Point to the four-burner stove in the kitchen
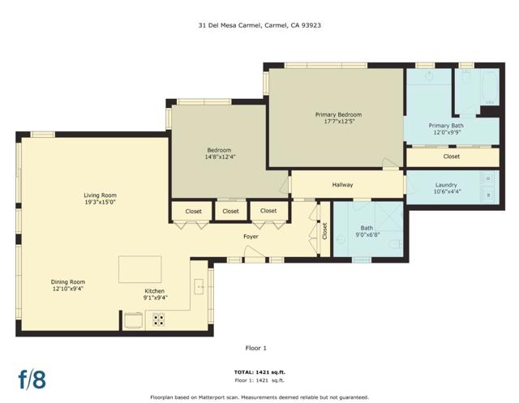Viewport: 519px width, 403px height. [158, 319]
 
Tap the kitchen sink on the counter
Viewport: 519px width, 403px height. [198, 287]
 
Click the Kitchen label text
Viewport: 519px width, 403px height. [154, 291]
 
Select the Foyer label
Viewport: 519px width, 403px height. [251, 237]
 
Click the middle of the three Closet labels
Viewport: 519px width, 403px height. [230, 212]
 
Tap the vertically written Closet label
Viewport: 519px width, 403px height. [324, 233]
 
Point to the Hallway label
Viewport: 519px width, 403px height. [342, 185]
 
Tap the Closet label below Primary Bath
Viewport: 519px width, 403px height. [452, 156]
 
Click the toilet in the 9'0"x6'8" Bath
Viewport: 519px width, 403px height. [393, 243]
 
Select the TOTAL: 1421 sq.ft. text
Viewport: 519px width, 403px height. [259, 373]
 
